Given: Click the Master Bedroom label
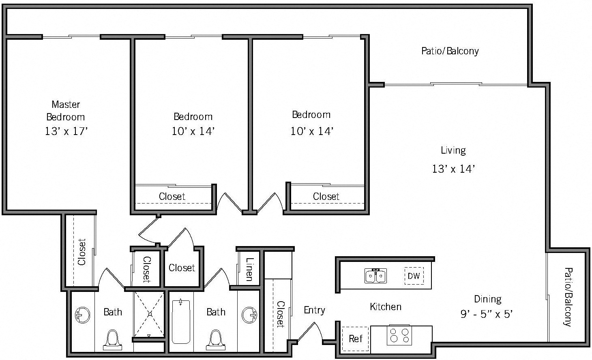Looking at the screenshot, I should point(66,111).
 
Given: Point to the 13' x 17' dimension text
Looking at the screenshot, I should point(66,131).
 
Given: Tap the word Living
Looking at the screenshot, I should point(453,150).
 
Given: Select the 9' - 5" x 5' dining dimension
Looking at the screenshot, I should point(487,314).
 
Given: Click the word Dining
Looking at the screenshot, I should point(487,299).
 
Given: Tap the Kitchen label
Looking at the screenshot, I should point(386,307).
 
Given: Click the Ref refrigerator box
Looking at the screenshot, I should point(355,338).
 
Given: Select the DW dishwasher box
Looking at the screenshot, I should point(414,276).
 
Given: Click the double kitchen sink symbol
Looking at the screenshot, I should point(375,276).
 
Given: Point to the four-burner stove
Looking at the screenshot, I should point(399,335).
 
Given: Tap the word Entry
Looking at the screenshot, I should point(314,310).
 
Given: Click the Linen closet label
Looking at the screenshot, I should point(249,269).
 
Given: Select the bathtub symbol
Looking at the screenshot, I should point(180,321).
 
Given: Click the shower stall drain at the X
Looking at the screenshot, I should point(150,314).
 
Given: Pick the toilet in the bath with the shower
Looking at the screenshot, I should point(112,340).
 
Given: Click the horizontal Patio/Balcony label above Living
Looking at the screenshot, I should point(450,51).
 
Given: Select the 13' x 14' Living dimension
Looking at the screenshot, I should point(453,169).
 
